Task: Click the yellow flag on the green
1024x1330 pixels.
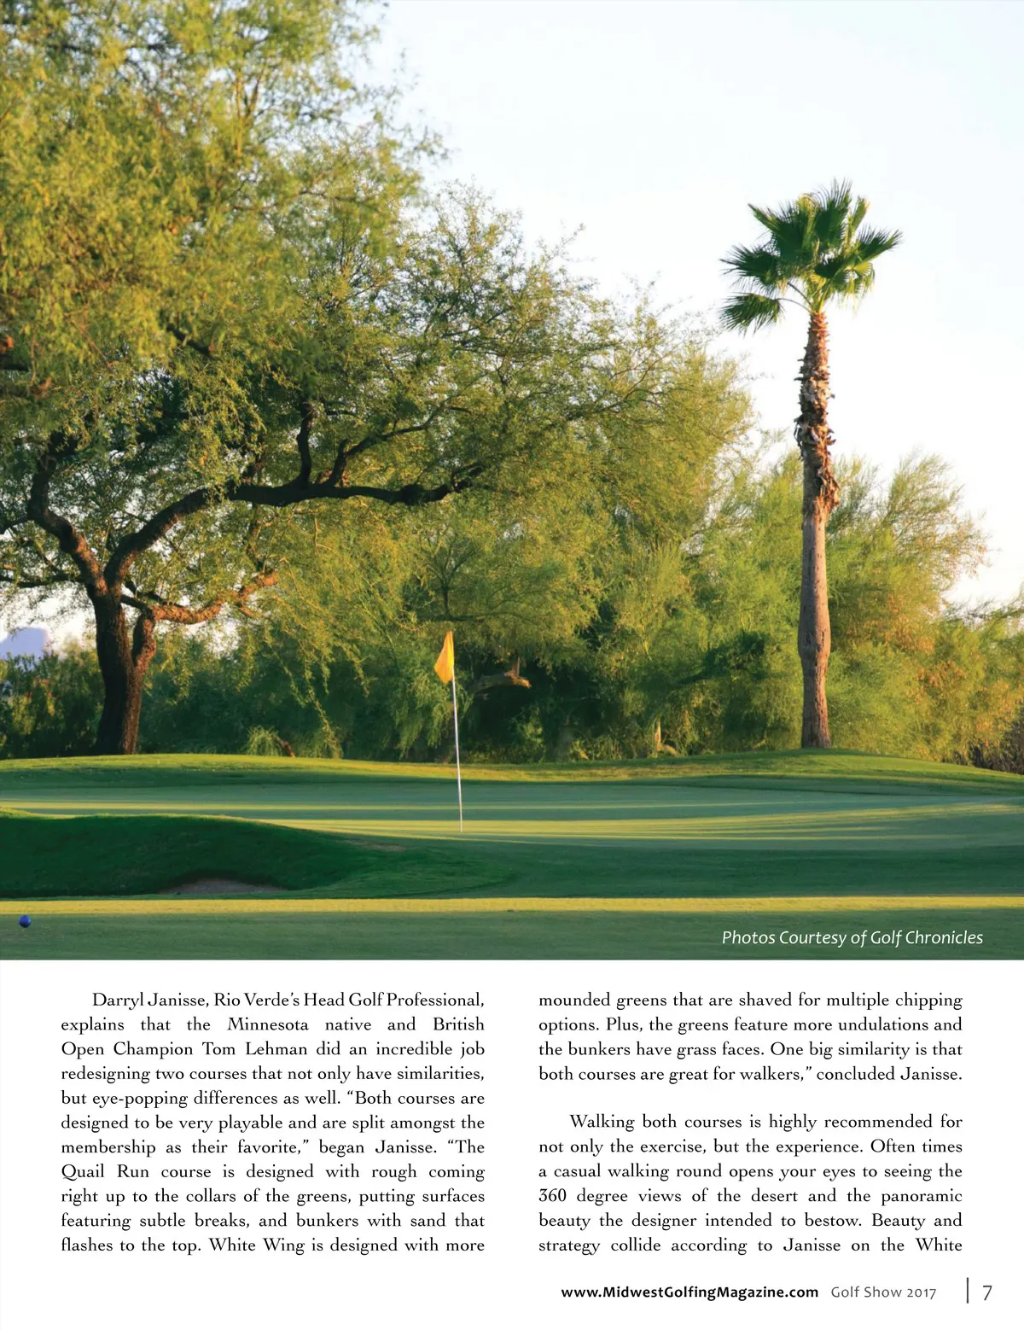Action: click(x=445, y=658)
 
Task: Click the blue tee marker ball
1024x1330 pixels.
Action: click(x=25, y=921)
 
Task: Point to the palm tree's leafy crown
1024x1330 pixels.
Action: click(x=806, y=256)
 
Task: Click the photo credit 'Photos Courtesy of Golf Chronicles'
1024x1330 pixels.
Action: click(x=852, y=937)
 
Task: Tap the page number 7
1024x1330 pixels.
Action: click(x=987, y=1292)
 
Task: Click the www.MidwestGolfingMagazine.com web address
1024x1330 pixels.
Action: click(x=689, y=1292)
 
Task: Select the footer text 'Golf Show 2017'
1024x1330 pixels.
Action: click(x=883, y=1292)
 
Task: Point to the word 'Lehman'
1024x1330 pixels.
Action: click(x=276, y=1049)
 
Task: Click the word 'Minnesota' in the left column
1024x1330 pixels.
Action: click(x=267, y=1024)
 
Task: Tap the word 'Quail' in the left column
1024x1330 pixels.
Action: click(x=83, y=1171)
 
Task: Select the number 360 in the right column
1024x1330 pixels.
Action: click(x=552, y=1196)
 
